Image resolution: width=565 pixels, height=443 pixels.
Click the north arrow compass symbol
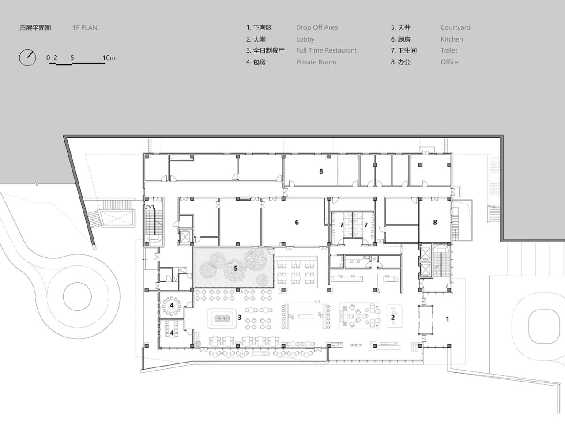(x=27, y=57)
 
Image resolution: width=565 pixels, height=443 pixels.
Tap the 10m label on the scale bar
(x=109, y=57)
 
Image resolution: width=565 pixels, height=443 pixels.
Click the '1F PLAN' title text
(x=85, y=27)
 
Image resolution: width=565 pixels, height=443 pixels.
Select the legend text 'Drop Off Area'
(x=316, y=27)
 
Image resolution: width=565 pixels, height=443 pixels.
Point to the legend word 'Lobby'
(x=305, y=39)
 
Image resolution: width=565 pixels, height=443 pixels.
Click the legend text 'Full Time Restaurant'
(x=326, y=50)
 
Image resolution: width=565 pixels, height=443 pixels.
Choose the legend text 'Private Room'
(x=316, y=62)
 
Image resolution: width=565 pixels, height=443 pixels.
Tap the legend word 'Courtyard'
(x=455, y=27)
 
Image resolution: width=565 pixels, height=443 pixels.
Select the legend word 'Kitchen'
(x=452, y=39)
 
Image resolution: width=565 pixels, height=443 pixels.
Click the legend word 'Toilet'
(x=449, y=50)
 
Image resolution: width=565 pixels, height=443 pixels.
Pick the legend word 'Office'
(x=449, y=62)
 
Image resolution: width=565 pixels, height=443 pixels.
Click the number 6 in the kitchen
(x=297, y=222)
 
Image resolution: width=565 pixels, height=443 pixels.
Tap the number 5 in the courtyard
(x=236, y=268)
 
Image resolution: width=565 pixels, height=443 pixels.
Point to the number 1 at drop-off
(x=447, y=319)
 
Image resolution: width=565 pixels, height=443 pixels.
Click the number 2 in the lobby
(x=392, y=317)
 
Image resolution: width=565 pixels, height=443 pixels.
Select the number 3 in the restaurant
(x=240, y=317)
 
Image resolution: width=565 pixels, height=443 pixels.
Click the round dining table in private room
(x=172, y=305)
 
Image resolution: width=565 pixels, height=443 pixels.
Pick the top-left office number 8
(x=321, y=171)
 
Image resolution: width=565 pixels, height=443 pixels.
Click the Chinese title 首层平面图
(x=35, y=27)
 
